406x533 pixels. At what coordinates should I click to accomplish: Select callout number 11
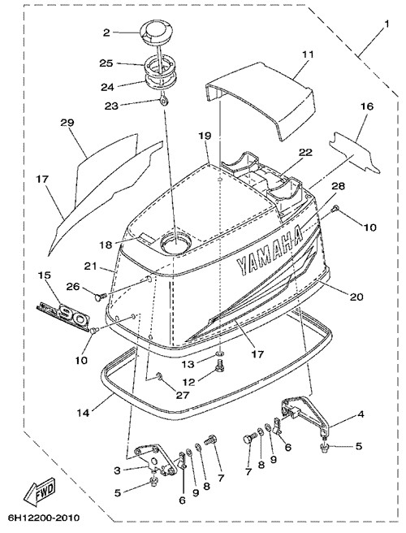[308, 54]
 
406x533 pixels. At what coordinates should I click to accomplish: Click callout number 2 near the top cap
[106, 32]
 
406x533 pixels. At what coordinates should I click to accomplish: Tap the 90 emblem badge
[64, 316]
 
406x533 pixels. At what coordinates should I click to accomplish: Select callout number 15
[45, 275]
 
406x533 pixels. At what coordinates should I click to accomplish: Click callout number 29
[67, 123]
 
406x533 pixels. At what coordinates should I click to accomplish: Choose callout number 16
[367, 106]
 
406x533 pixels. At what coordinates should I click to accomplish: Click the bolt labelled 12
[219, 366]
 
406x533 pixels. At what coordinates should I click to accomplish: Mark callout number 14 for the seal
[83, 413]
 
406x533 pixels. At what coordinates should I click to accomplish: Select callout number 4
[361, 414]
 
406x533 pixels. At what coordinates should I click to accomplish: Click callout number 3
[117, 470]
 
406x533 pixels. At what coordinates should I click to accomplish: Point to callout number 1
[387, 24]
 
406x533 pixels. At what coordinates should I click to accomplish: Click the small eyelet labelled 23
[165, 101]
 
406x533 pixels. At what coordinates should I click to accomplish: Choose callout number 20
[356, 297]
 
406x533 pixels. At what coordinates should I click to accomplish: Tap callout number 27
[184, 395]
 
